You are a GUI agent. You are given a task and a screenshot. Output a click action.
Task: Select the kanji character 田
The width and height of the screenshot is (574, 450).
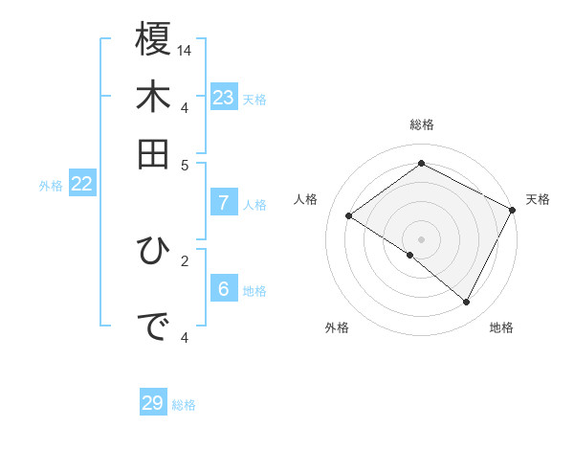tap(153, 153)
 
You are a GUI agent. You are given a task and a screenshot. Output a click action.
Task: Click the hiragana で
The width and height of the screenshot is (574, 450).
tap(153, 327)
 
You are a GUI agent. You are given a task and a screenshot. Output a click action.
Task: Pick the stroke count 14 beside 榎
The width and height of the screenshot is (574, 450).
tap(186, 50)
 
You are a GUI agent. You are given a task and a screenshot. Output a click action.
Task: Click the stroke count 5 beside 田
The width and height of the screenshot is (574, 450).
tap(185, 164)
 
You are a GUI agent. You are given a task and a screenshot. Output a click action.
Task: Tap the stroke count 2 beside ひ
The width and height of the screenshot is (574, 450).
tap(185, 259)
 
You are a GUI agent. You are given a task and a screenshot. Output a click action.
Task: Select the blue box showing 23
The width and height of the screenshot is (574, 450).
tap(224, 98)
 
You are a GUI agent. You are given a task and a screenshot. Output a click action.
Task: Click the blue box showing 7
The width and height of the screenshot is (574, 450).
tap(224, 203)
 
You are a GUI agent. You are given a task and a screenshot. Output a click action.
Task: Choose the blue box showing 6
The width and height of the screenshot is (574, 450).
tap(224, 290)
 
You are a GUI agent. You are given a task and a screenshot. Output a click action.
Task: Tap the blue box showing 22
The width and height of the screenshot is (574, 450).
tap(81, 185)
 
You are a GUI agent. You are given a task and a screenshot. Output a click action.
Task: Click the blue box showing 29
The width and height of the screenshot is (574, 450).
tap(153, 403)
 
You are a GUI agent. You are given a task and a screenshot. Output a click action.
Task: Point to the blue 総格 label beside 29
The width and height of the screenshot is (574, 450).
tap(184, 405)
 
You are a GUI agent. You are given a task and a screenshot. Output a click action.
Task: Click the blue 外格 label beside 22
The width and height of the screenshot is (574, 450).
tap(51, 187)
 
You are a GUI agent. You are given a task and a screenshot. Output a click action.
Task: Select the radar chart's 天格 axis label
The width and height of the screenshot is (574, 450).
tap(538, 199)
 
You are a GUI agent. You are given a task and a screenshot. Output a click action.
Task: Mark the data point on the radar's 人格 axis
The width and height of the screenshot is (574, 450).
tap(348, 215)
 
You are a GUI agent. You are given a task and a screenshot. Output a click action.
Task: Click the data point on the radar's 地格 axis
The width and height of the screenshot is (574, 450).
tap(466, 302)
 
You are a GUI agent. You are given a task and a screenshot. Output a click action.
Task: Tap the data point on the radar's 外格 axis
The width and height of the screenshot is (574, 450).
tap(409, 255)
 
